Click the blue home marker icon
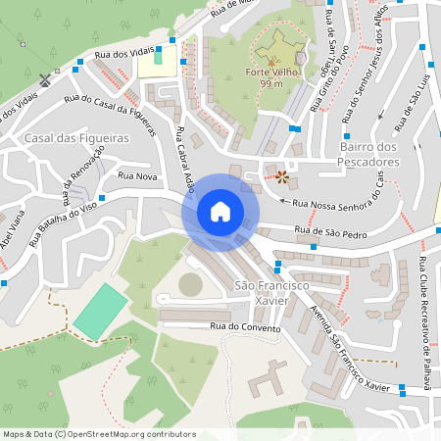220,212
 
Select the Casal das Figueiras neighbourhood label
77,139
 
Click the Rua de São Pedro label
331,234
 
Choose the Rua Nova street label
137,176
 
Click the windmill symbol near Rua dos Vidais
44,77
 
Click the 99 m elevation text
271,85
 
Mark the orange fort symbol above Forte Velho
272,59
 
